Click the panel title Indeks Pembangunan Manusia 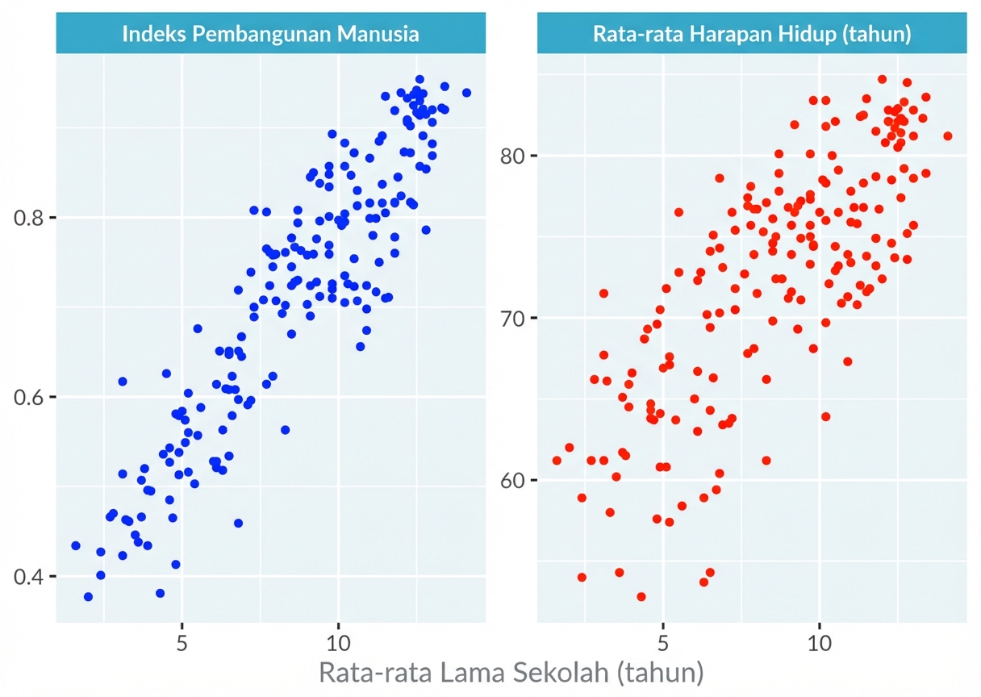click(270, 34)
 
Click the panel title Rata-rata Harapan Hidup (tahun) click(751, 34)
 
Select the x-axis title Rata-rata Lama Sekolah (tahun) click(511, 672)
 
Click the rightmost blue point click(466, 93)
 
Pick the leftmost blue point click(76, 545)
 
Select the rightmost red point click(947, 136)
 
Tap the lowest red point click(641, 596)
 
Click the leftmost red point click(557, 460)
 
